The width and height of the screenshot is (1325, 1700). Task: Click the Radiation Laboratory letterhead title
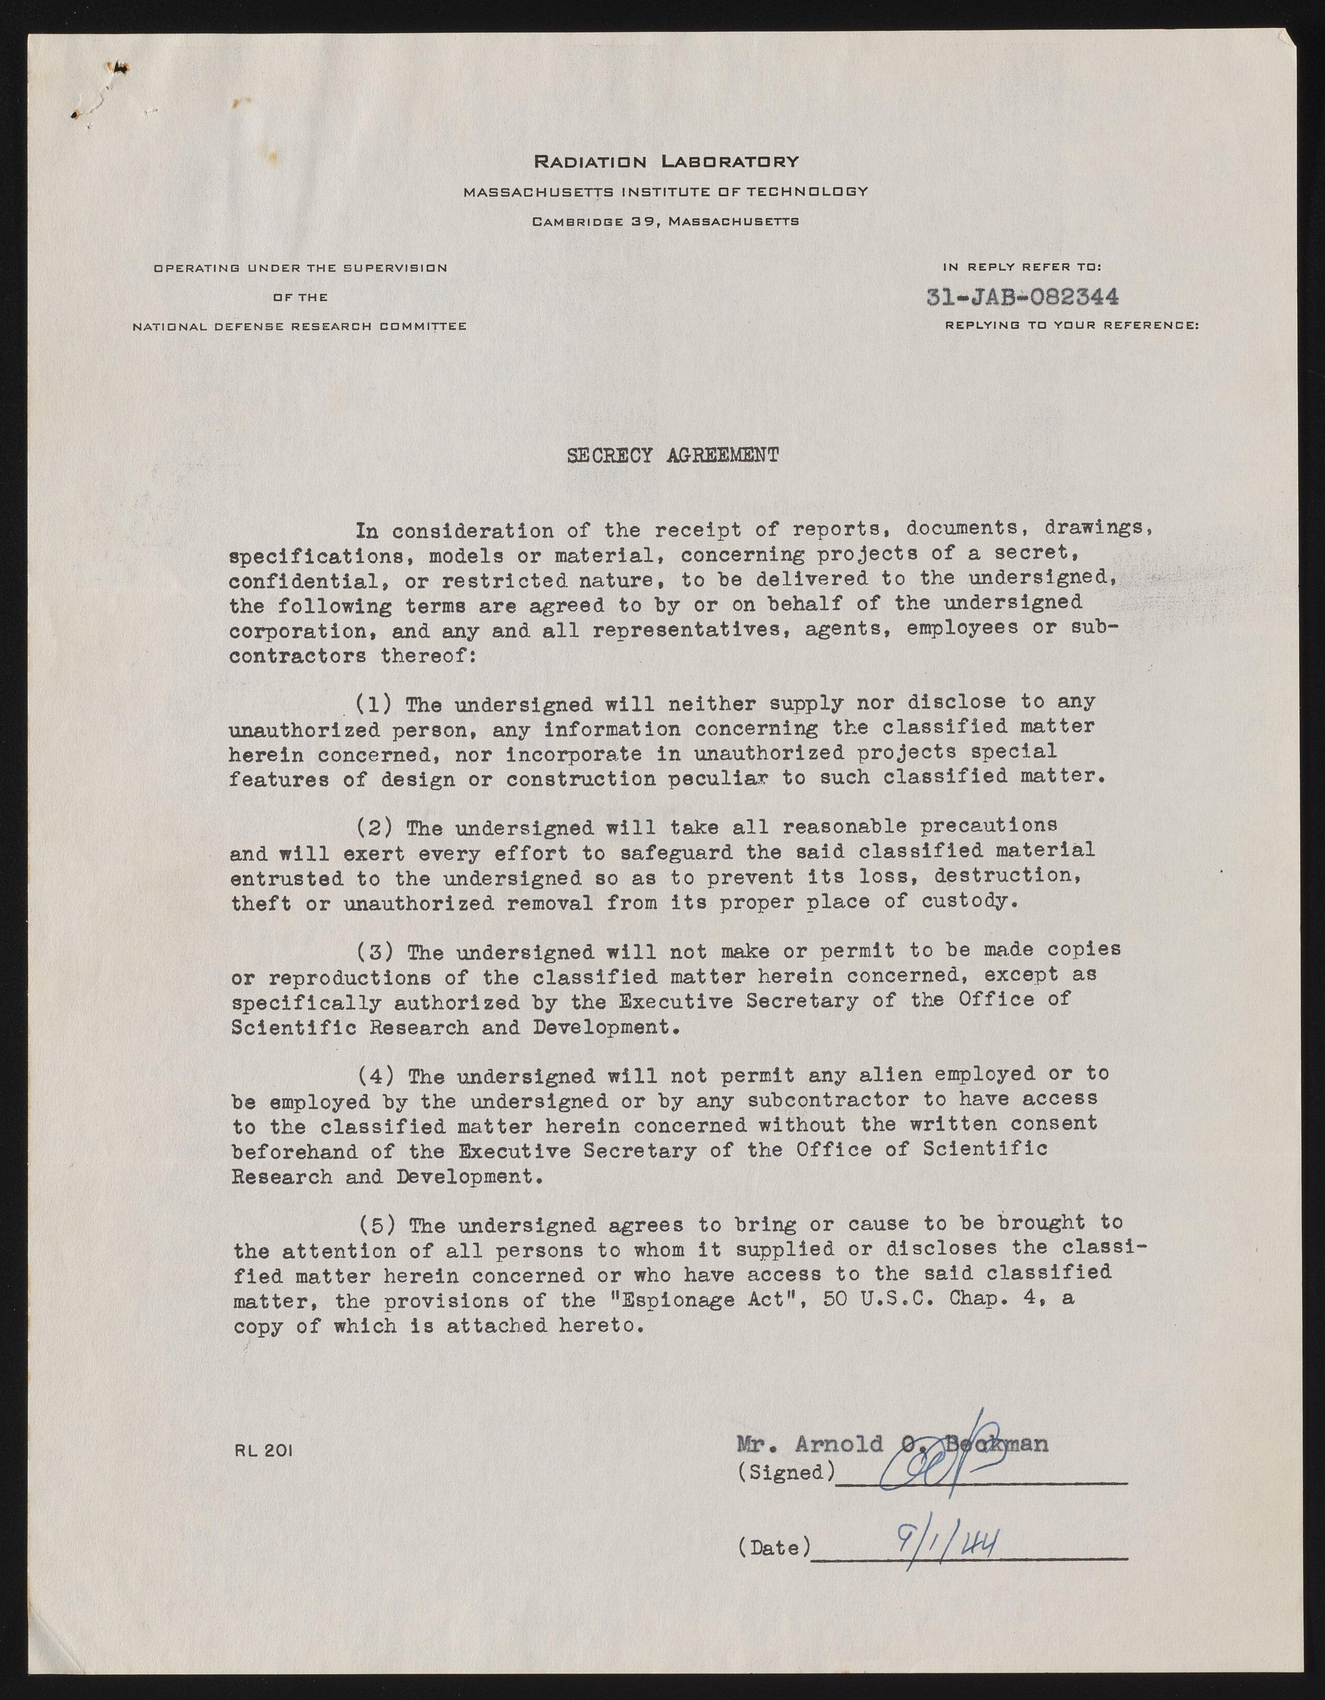pos(665,162)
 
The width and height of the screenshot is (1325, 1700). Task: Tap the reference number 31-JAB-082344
pos(1023,297)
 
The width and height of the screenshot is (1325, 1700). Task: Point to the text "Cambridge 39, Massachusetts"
pos(665,222)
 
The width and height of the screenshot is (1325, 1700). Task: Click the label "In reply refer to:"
pos(1022,267)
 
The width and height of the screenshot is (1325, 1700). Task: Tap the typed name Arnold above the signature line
pos(839,1444)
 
